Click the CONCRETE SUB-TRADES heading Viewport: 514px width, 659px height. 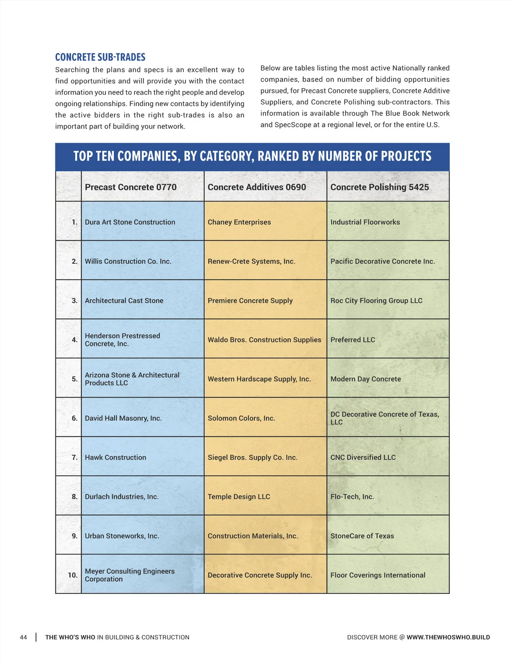[100, 57]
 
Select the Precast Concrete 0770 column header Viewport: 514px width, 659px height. [131, 187]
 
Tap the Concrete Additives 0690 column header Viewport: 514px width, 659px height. [257, 187]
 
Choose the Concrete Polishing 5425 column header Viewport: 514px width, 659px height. [380, 187]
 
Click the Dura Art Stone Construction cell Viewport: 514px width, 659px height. [130, 222]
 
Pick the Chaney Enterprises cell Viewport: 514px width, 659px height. [239, 222]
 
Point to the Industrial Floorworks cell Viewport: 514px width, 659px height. [365, 222]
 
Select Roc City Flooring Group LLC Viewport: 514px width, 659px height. [376, 301]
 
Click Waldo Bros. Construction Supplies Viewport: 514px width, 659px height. [264, 340]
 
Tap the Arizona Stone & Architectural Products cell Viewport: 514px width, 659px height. [132, 379]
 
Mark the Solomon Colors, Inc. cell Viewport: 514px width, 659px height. [241, 418]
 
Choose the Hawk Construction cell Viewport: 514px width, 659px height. [115, 457]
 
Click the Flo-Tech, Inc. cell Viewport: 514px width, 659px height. [352, 497]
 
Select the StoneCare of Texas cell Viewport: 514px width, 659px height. [362, 536]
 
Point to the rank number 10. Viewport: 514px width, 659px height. [73, 575]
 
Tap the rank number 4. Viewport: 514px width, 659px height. [75, 340]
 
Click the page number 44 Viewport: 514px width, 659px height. [24, 638]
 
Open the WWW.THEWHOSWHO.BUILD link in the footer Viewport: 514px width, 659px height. [448, 638]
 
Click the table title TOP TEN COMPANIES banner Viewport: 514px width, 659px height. [252, 156]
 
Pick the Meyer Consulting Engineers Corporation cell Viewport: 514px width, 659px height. [129, 575]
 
